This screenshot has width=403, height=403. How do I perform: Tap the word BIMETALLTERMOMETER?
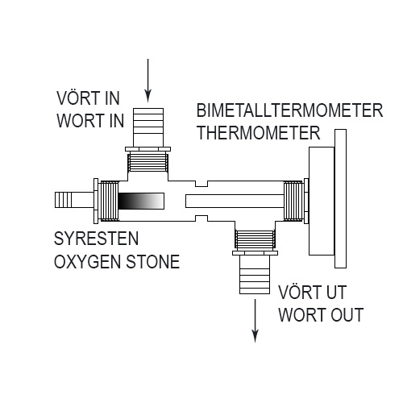(x=289, y=110)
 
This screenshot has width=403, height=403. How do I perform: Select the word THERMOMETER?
(x=259, y=131)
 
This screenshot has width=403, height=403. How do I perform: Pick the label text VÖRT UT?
(x=311, y=292)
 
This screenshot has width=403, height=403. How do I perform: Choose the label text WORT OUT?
(x=321, y=314)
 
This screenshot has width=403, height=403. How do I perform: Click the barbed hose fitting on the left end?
(x=73, y=199)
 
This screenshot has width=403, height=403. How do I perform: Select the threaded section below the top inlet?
(x=148, y=164)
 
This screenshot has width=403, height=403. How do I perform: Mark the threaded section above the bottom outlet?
(x=256, y=239)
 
